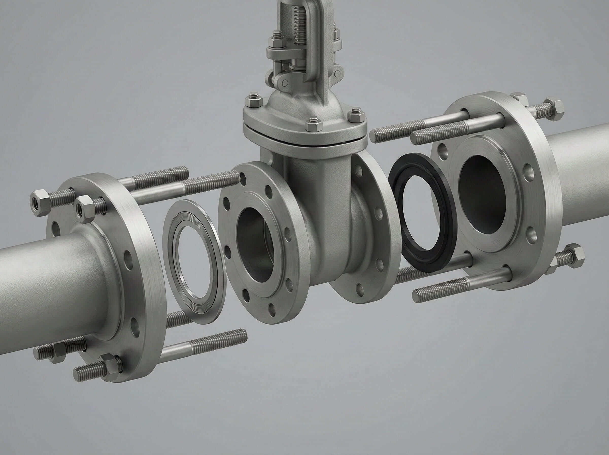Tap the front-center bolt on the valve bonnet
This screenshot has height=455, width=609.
(314, 124)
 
